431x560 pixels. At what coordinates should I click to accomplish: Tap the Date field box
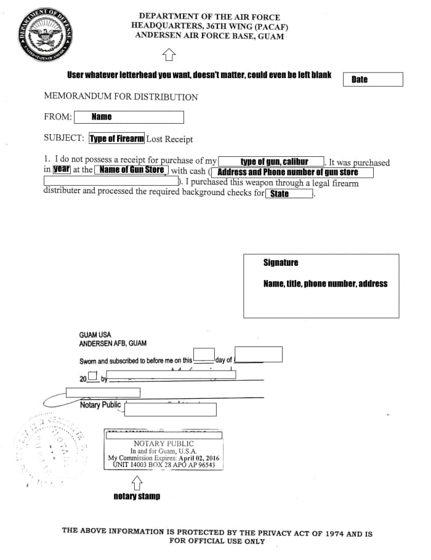(x=373, y=79)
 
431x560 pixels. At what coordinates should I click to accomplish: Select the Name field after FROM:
(x=129, y=117)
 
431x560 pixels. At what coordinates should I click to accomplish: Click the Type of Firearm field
(x=117, y=138)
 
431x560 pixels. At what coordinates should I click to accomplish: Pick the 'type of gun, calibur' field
(x=272, y=162)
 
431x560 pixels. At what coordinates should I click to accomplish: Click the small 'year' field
(x=62, y=169)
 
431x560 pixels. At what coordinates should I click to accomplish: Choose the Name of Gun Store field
(x=131, y=170)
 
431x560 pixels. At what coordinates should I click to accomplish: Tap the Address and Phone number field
(x=292, y=172)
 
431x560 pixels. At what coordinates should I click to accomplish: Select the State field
(x=289, y=194)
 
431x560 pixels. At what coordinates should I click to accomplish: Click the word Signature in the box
(x=281, y=263)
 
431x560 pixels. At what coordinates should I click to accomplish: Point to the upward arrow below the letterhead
(x=168, y=57)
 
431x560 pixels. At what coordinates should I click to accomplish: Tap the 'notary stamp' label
(x=137, y=496)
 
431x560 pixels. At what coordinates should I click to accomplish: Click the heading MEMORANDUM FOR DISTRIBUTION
(x=121, y=97)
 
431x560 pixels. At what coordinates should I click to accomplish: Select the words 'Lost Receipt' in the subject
(x=169, y=139)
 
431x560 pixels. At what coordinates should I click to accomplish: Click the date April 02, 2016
(x=198, y=458)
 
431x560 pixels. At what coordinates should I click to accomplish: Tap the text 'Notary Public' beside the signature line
(x=100, y=405)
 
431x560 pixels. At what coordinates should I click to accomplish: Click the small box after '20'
(x=92, y=377)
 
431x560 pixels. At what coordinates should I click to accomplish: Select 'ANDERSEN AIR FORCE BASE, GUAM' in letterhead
(x=209, y=36)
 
